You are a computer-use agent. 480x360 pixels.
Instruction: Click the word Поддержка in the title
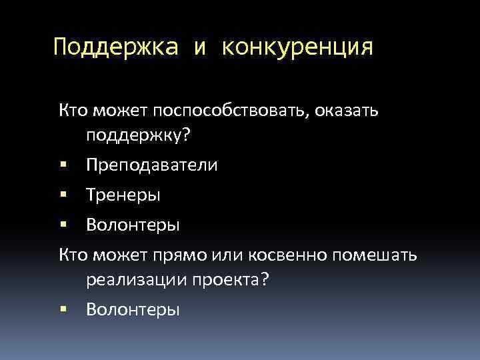click(x=116, y=48)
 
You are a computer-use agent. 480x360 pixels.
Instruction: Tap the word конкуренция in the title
click(x=297, y=48)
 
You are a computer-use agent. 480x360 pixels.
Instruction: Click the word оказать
click(x=346, y=110)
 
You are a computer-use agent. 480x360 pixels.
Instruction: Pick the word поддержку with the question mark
click(x=138, y=136)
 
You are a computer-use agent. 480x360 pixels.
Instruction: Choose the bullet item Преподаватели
click(x=151, y=165)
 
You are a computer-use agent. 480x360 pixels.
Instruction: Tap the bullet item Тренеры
click(x=123, y=195)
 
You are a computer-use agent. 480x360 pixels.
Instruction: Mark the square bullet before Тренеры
click(x=63, y=194)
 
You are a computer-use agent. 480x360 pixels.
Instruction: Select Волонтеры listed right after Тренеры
click(x=132, y=225)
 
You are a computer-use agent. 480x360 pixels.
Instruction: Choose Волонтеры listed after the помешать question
click(x=132, y=309)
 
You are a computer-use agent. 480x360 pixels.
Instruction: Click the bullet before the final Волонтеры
click(x=63, y=309)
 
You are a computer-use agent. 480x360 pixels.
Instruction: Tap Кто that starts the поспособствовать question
click(x=73, y=110)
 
